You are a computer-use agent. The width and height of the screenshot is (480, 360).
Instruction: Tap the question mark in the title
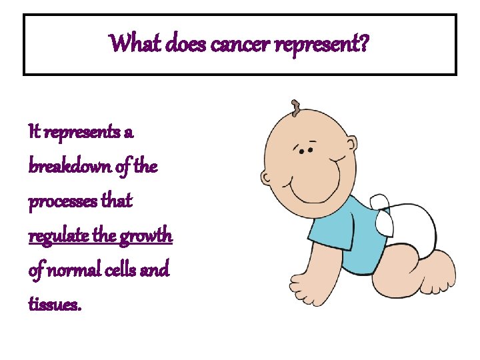366,45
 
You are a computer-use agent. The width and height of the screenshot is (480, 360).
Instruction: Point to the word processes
62,201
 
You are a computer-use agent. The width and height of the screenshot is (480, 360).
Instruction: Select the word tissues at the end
55,305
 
